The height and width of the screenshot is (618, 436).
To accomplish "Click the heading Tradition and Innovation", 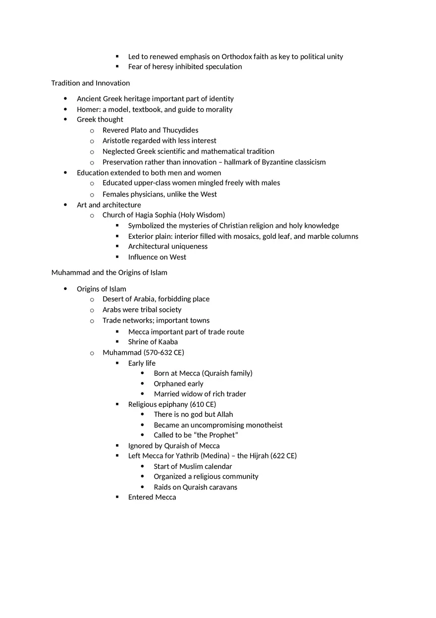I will (x=90, y=83).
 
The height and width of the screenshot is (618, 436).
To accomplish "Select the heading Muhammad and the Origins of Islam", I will (x=109, y=272).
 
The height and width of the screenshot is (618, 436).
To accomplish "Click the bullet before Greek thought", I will (x=65, y=119).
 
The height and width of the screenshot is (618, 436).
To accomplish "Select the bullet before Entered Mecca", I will (x=117, y=497).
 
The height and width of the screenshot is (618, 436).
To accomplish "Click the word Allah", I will (x=225, y=414).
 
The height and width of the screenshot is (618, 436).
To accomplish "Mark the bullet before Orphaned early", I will (x=143, y=384).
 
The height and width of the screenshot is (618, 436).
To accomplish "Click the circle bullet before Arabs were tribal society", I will (x=92, y=310).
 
